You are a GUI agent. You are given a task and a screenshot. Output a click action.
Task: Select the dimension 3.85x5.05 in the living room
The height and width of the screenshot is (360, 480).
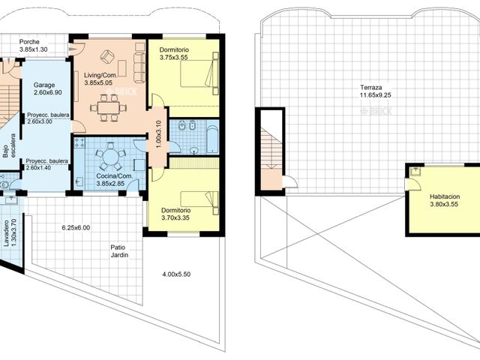[98, 82]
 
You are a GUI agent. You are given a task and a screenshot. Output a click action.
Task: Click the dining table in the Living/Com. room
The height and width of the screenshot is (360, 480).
[109, 108]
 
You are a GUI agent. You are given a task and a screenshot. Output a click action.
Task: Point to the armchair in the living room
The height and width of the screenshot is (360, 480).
[108, 56]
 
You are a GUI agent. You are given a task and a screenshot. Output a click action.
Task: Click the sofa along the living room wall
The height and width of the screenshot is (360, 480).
[139, 62]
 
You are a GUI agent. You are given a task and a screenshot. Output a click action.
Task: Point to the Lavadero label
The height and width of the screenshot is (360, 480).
[6, 233]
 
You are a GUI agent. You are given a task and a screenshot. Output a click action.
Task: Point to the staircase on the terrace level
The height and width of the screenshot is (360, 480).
[270, 150]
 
